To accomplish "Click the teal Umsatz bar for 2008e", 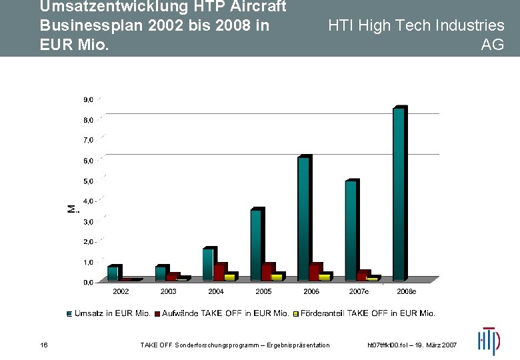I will [x=398, y=193].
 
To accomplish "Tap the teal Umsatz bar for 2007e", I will [x=350, y=230].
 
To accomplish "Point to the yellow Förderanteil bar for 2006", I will [x=324, y=277].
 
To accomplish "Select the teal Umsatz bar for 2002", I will [x=112, y=273].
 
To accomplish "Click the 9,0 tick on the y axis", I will [x=88, y=99].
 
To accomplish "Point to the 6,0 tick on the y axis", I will [x=88, y=161].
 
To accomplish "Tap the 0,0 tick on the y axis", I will [x=88, y=282].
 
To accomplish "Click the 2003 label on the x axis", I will [x=168, y=291].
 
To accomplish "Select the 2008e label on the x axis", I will [x=406, y=291].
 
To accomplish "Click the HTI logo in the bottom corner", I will [x=488, y=341].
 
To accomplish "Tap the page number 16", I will [x=43, y=345].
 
